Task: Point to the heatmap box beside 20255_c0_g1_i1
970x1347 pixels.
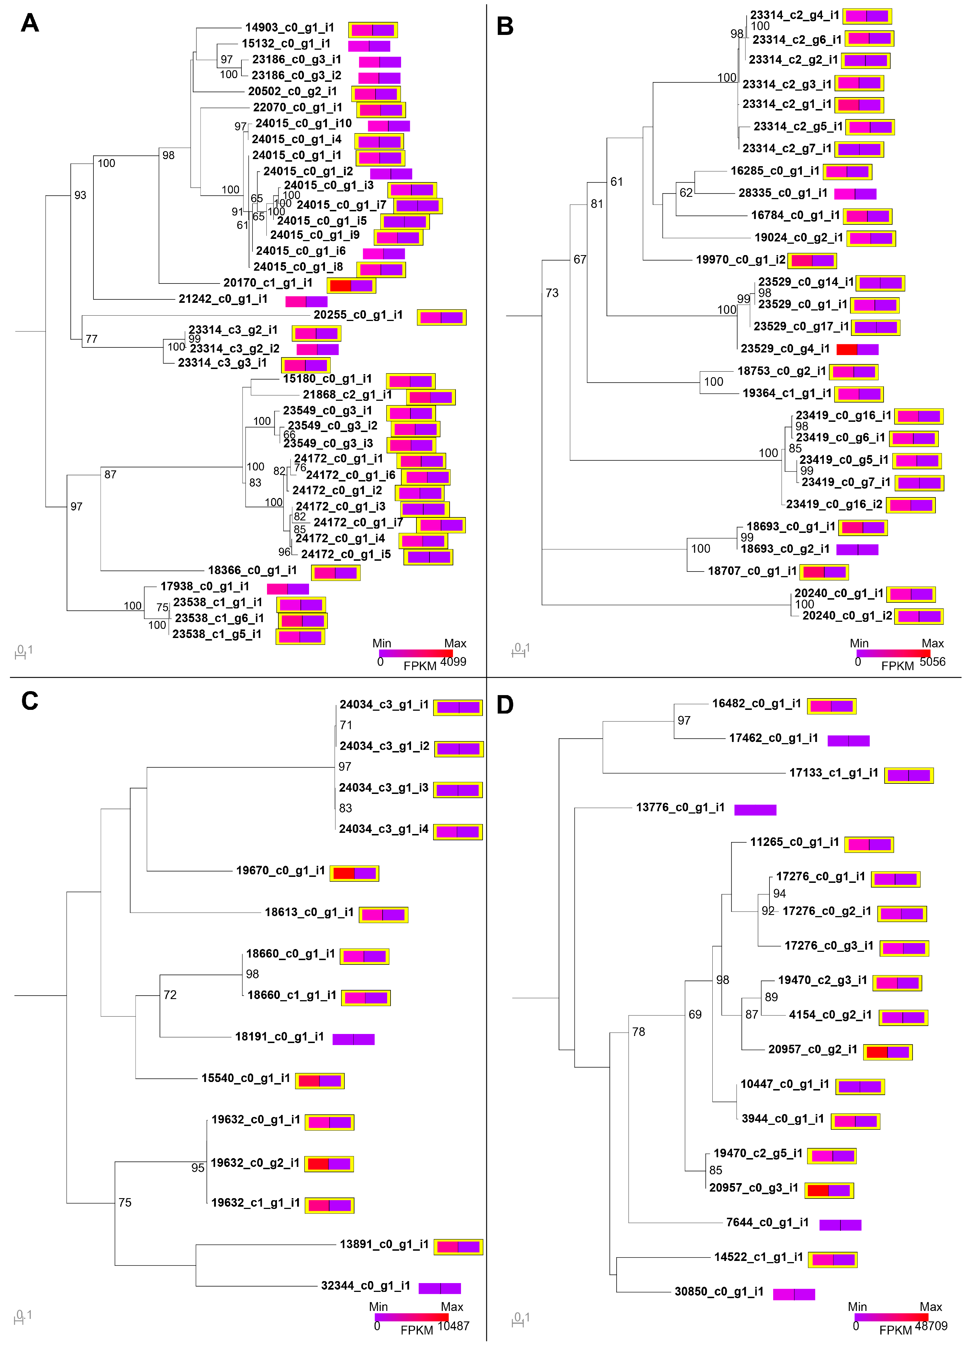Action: click(441, 317)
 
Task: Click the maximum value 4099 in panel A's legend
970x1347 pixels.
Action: click(453, 662)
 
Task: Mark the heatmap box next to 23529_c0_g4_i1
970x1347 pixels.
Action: click(857, 349)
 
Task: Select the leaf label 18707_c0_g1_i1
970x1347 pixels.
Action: click(752, 571)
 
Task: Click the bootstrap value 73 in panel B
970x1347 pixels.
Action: click(552, 293)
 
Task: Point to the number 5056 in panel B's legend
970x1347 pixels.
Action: click(932, 662)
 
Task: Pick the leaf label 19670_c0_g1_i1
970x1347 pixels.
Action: click(280, 871)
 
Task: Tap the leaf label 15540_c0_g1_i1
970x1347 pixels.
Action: click(245, 1078)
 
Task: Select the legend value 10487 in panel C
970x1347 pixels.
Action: click(453, 1326)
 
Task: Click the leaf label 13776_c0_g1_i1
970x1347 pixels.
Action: click(680, 808)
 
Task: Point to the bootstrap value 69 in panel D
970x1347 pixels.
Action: click(695, 1014)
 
